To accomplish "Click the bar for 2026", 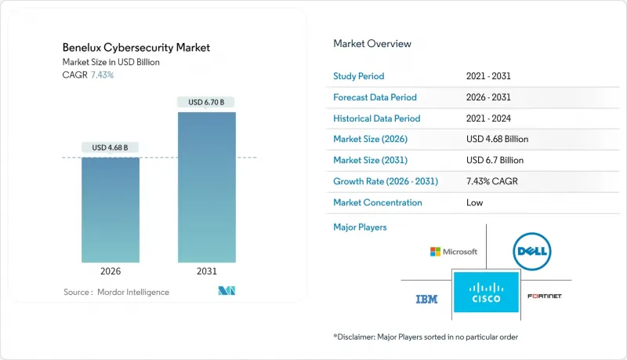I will pos(111,209).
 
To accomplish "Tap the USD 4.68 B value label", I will pos(111,147).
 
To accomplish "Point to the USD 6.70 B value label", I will pos(207,102).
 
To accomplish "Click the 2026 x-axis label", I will pos(111,271).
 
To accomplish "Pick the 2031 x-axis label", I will pos(207,271).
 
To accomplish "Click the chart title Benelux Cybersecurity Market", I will pos(136,48).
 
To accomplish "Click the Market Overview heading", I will pos(371,43).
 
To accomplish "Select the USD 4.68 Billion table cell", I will pos(497,140).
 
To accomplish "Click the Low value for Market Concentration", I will pos(474,202).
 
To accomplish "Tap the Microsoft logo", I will pos(454,252).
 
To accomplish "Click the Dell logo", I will pos(532,252).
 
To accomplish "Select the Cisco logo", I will pos(486,292).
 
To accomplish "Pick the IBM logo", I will pos(426,299).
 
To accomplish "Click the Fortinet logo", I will pos(545,296).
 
